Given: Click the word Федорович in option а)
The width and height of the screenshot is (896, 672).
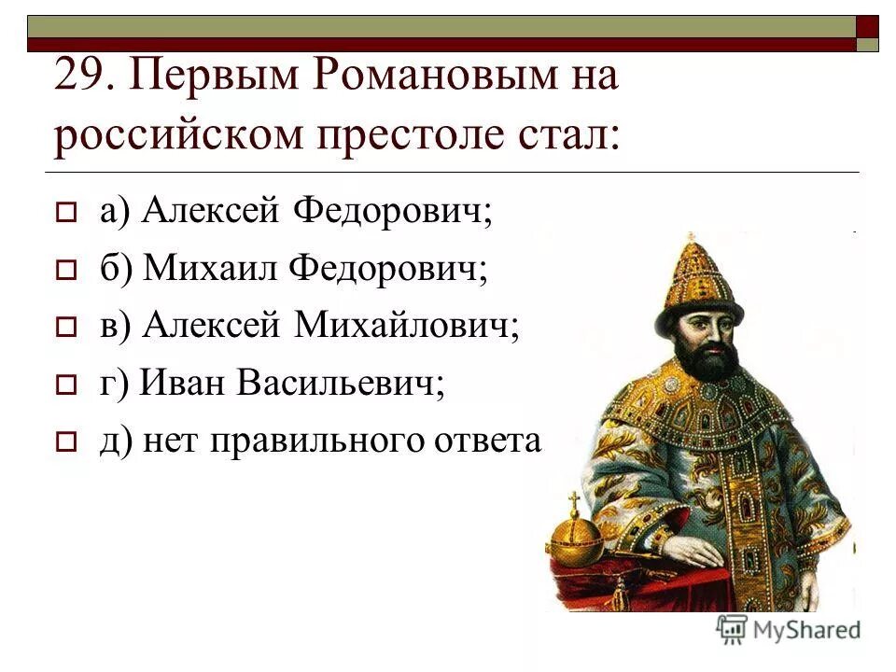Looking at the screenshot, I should click(x=393, y=213).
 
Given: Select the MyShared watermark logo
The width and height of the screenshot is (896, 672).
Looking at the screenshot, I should click(x=789, y=629).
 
